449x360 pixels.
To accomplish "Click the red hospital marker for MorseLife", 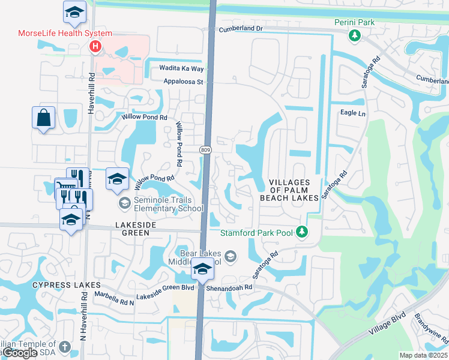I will pos(95,46).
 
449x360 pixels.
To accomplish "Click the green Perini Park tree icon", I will pos(355,36).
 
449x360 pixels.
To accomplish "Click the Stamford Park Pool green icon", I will pos(303,232).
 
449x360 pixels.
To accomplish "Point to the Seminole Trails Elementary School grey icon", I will pos(124,203).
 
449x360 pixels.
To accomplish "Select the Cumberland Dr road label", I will pos(241,29).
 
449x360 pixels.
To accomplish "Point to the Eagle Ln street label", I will pos(352,113).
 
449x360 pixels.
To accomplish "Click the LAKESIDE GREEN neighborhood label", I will pos(136,224).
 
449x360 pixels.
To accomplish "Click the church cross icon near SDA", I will pos(65,347).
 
